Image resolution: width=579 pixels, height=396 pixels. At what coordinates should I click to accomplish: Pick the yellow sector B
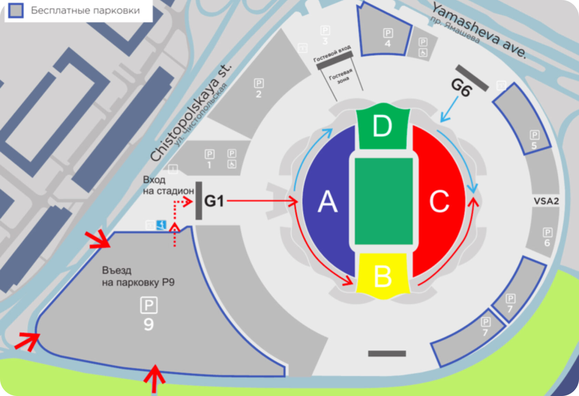pyautogui.click(x=383, y=276)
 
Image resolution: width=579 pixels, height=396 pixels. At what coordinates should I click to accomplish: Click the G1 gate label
pyautogui.click(x=214, y=201)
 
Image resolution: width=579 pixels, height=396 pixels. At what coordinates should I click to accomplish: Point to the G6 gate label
pyautogui.click(x=461, y=88)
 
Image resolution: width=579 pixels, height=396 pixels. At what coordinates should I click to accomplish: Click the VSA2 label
pyautogui.click(x=546, y=201)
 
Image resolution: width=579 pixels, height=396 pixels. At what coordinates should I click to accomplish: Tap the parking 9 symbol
pyautogui.click(x=149, y=305)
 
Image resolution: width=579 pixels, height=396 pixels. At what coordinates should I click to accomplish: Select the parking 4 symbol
pyautogui.click(x=388, y=33)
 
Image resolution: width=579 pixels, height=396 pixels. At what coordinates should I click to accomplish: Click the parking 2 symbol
pyautogui.click(x=259, y=84)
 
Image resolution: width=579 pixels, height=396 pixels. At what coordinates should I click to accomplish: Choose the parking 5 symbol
pyautogui.click(x=534, y=135)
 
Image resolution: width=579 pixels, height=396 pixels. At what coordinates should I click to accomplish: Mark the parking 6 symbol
pyautogui.click(x=547, y=233)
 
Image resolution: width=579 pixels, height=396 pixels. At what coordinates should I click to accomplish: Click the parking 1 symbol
pyautogui.click(x=209, y=154)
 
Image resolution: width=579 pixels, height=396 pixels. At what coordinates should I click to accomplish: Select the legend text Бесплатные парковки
pyautogui.click(x=85, y=10)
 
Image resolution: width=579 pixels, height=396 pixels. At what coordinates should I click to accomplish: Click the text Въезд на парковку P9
pyautogui.click(x=138, y=276)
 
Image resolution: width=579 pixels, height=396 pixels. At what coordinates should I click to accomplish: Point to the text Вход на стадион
pyautogui.click(x=168, y=185)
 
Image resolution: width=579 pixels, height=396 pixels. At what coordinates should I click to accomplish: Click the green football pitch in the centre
pyautogui.click(x=384, y=201)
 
